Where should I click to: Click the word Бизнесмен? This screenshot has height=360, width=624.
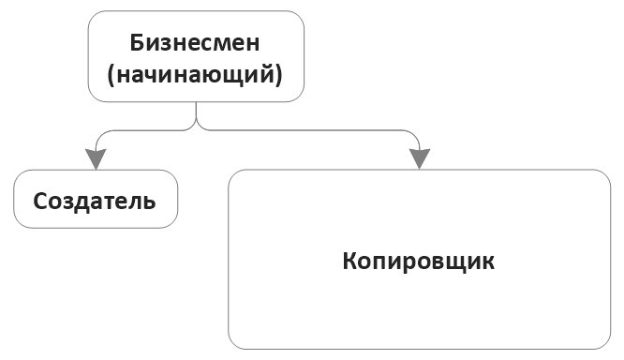coord(196,43)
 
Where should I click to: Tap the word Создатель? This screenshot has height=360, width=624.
coord(95,201)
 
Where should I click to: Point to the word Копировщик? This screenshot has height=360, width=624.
coord(418,260)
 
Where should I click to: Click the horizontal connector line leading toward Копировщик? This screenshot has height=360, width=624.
coord(309,128)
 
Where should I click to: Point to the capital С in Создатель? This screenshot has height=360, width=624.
coord(40,201)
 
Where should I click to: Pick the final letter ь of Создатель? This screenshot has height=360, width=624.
coord(149,201)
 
